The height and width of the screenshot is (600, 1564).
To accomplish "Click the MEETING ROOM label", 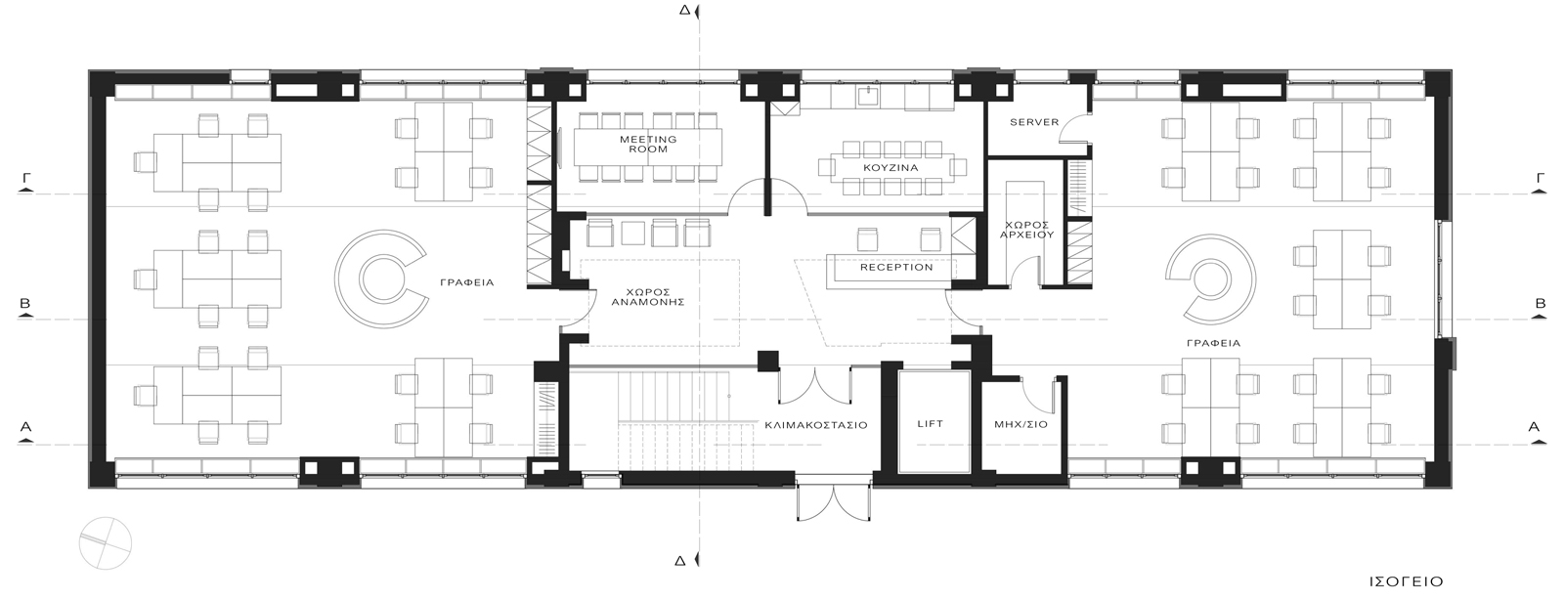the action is point(648,145).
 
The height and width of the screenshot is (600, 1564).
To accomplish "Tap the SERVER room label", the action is point(1034,122).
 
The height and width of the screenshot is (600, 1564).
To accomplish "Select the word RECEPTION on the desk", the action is point(896,267).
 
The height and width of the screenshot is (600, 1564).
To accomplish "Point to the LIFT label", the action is point(930,424).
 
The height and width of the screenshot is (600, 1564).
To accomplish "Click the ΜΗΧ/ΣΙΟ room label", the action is point(1021,424).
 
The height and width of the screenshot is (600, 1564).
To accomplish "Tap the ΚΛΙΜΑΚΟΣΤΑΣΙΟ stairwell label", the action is point(815,425).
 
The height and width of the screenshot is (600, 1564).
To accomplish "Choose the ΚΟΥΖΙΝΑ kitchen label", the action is point(891,168).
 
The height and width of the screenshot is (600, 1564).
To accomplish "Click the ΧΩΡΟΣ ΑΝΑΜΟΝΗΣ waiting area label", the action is point(648,297).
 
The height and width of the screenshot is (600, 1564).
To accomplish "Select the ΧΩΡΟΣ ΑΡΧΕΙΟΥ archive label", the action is point(1026,231).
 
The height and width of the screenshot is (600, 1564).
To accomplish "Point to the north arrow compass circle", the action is point(105,542).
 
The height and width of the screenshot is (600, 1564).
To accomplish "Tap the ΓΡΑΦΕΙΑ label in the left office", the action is point(467,283).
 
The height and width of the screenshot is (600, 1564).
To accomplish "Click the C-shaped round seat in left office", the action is point(346,279).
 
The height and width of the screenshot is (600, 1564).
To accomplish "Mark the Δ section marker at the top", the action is point(685,10).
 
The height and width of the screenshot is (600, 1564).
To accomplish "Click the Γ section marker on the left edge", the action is point(25,181).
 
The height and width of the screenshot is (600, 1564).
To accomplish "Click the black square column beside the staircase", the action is point(768,361).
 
